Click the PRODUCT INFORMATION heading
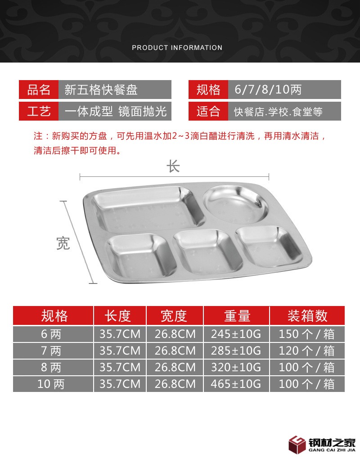(177, 47)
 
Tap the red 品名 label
(39, 90)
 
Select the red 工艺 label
(39, 111)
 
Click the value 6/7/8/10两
(268, 90)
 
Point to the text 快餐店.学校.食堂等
(278, 112)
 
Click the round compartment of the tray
(235, 204)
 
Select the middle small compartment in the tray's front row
(207, 252)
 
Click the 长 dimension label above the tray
(173, 166)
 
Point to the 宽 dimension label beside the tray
(63, 243)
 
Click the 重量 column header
(237, 316)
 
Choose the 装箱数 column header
(307, 316)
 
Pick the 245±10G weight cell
(236, 334)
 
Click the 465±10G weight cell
(236, 384)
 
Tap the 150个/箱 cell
(306, 334)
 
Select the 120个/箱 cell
(306, 351)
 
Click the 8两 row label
(51, 367)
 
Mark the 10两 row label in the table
(51, 384)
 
